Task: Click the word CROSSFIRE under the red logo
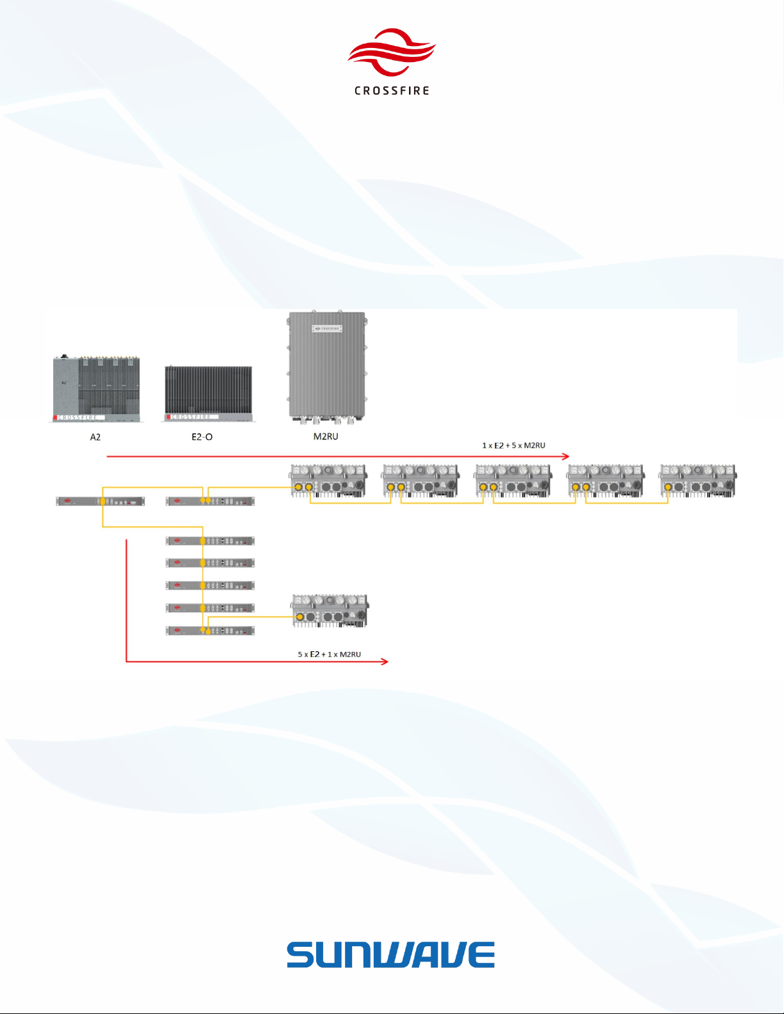click(x=392, y=91)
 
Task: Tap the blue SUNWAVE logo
click(x=390, y=955)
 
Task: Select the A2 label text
click(x=95, y=437)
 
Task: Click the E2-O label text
click(x=202, y=437)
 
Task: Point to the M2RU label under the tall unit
click(x=326, y=436)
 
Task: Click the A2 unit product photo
click(x=96, y=389)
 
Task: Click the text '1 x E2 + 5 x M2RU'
click(x=513, y=445)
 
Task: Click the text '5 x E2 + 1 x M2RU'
click(x=329, y=654)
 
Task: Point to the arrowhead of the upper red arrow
click(x=566, y=456)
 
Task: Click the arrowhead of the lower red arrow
click(x=385, y=661)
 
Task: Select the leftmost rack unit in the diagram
click(x=100, y=502)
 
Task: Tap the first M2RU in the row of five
click(x=329, y=481)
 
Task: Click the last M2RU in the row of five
click(x=698, y=481)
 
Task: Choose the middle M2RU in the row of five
click(x=513, y=481)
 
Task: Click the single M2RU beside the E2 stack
click(x=330, y=611)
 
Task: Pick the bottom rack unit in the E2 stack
click(x=210, y=631)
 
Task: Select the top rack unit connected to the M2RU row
click(x=210, y=501)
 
